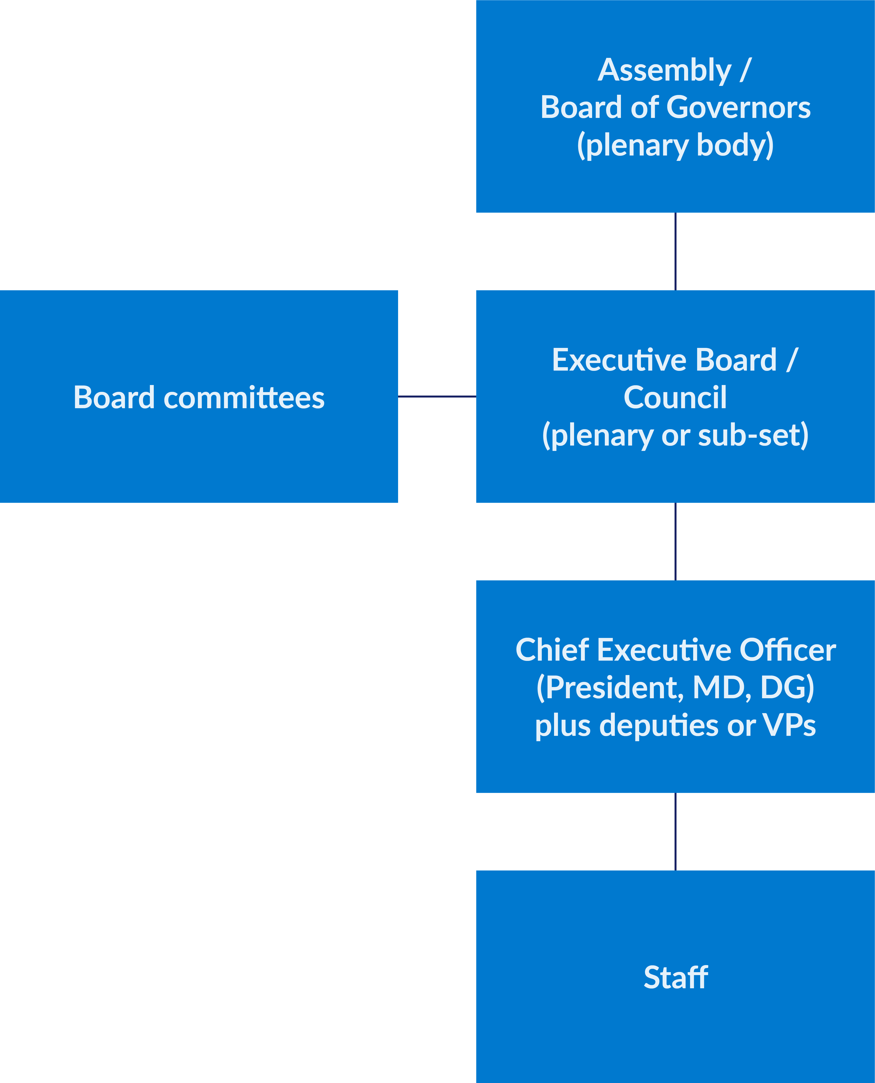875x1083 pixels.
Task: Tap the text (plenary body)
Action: [x=675, y=145]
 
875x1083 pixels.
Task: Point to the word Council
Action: [x=675, y=398]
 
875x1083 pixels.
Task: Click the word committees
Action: [x=244, y=398]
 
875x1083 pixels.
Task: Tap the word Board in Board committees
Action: [x=114, y=398]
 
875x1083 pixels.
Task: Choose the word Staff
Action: [x=675, y=978]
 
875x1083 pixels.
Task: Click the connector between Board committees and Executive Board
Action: [x=437, y=397]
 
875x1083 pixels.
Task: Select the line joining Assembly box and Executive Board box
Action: [x=675, y=251]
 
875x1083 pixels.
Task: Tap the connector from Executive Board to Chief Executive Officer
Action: [x=675, y=541]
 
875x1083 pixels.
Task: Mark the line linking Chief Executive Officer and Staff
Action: [x=675, y=831]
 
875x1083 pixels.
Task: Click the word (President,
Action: [x=610, y=688]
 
